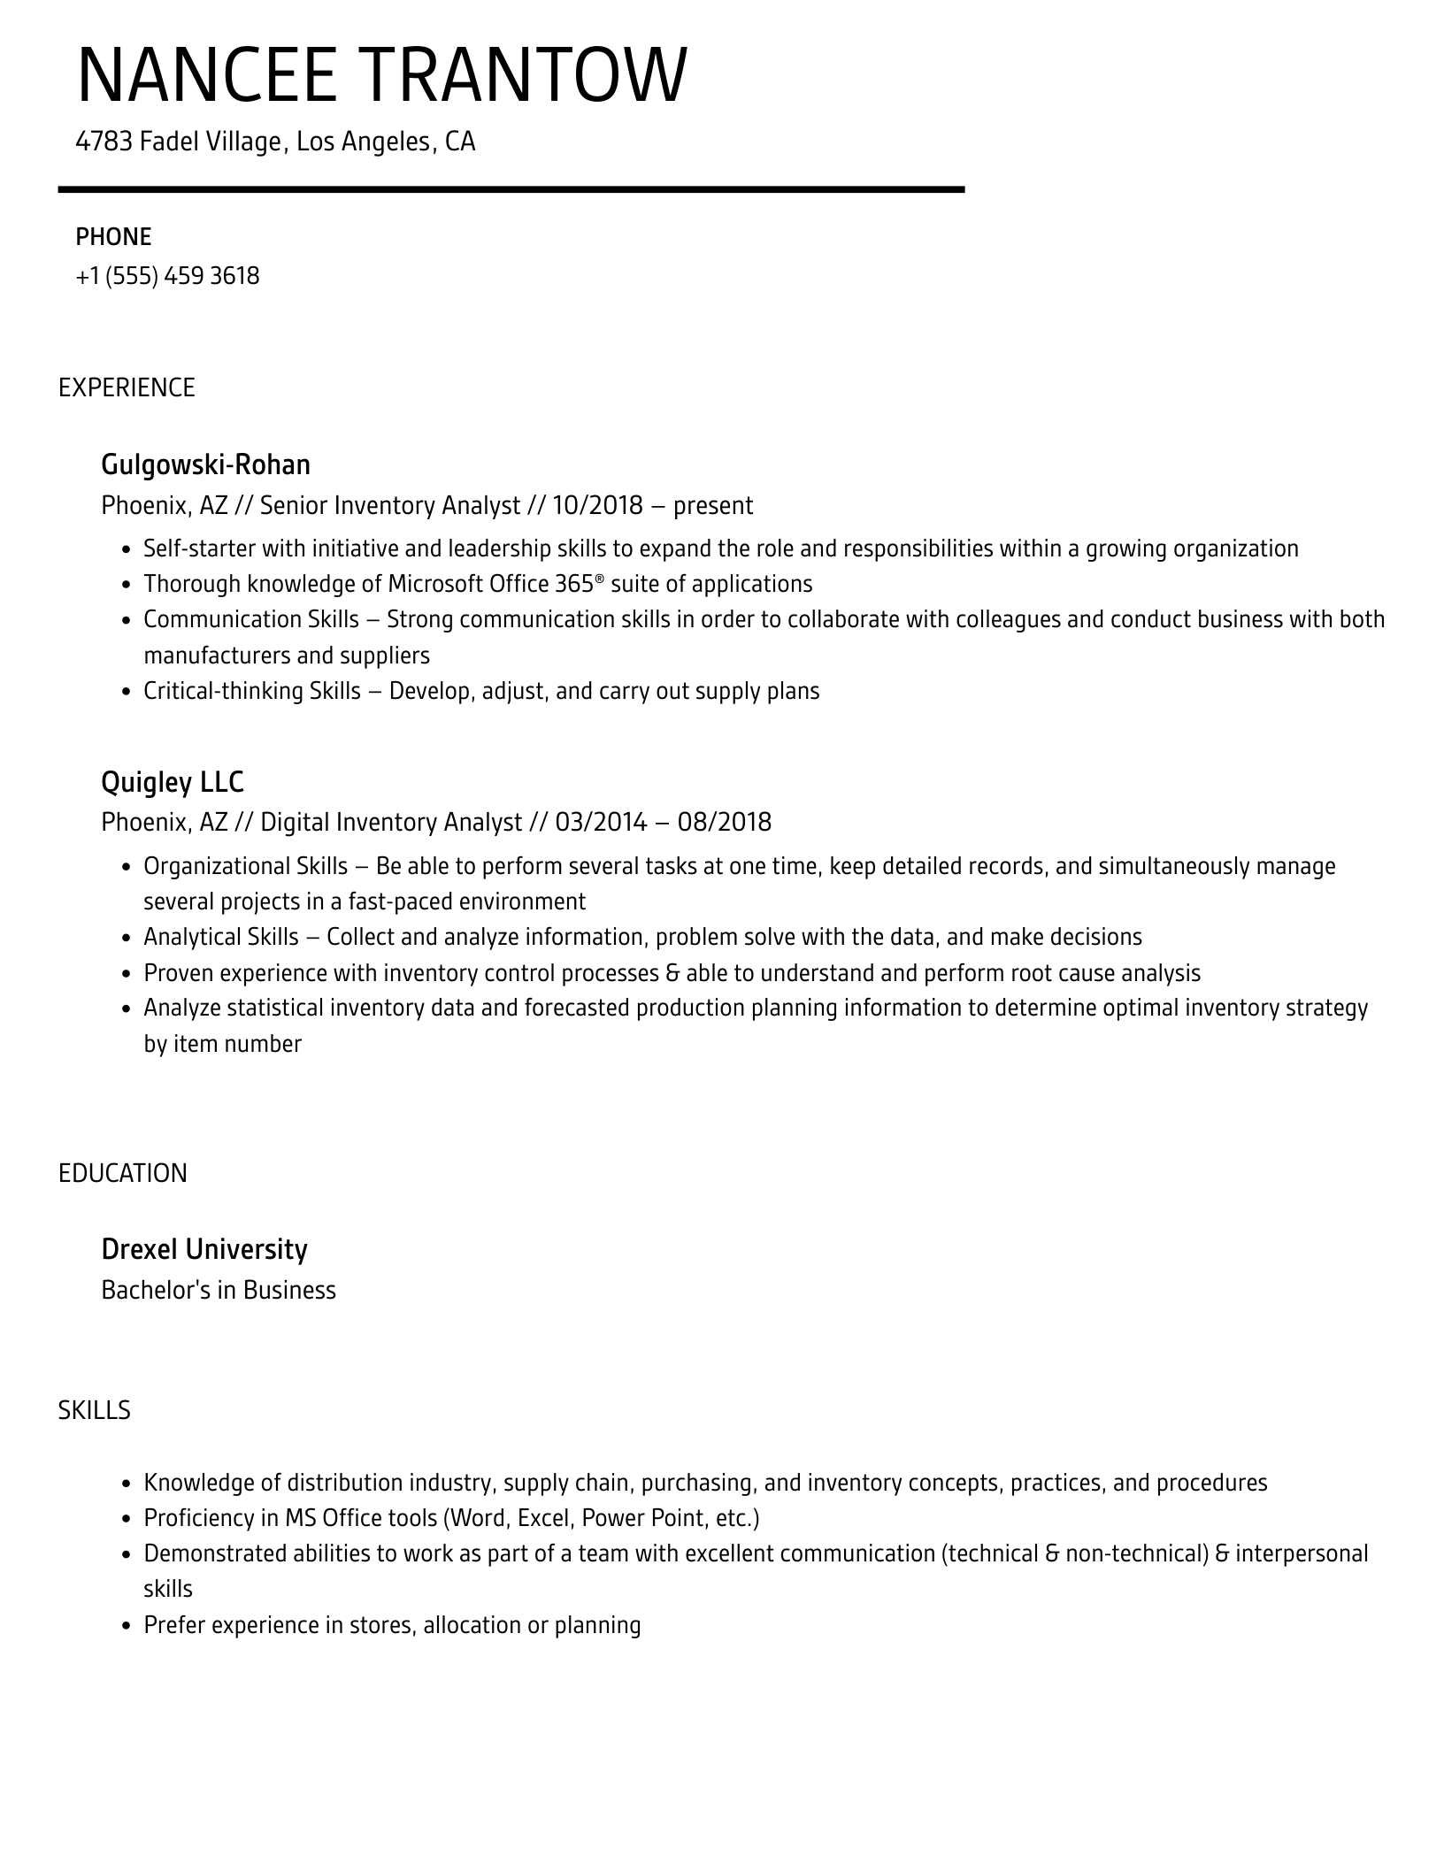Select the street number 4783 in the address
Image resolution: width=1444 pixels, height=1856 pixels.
tap(104, 142)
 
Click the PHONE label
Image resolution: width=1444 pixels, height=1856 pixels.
tap(113, 237)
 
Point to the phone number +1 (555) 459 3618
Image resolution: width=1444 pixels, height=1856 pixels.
tap(168, 276)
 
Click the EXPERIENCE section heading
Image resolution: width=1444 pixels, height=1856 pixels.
tap(127, 387)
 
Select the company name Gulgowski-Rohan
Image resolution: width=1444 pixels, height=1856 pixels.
tap(206, 464)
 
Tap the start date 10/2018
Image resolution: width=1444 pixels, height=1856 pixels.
tap(597, 505)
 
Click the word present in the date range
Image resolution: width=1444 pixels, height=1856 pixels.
tap(713, 506)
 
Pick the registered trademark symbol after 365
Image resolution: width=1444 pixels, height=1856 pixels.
tap(599, 578)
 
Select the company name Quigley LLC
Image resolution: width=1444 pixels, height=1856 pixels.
tap(173, 782)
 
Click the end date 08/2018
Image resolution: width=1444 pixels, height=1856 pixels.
tap(725, 823)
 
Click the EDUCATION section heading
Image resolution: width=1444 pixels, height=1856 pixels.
tap(123, 1173)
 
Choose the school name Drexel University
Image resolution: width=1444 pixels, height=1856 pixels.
tap(204, 1249)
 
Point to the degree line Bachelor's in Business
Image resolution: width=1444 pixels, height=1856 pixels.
tap(219, 1290)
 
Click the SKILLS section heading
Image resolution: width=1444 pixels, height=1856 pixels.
tap(95, 1410)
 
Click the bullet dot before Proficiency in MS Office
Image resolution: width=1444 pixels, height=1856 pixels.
tap(126, 1520)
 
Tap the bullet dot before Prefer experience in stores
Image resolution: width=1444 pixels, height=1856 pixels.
tap(126, 1626)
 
